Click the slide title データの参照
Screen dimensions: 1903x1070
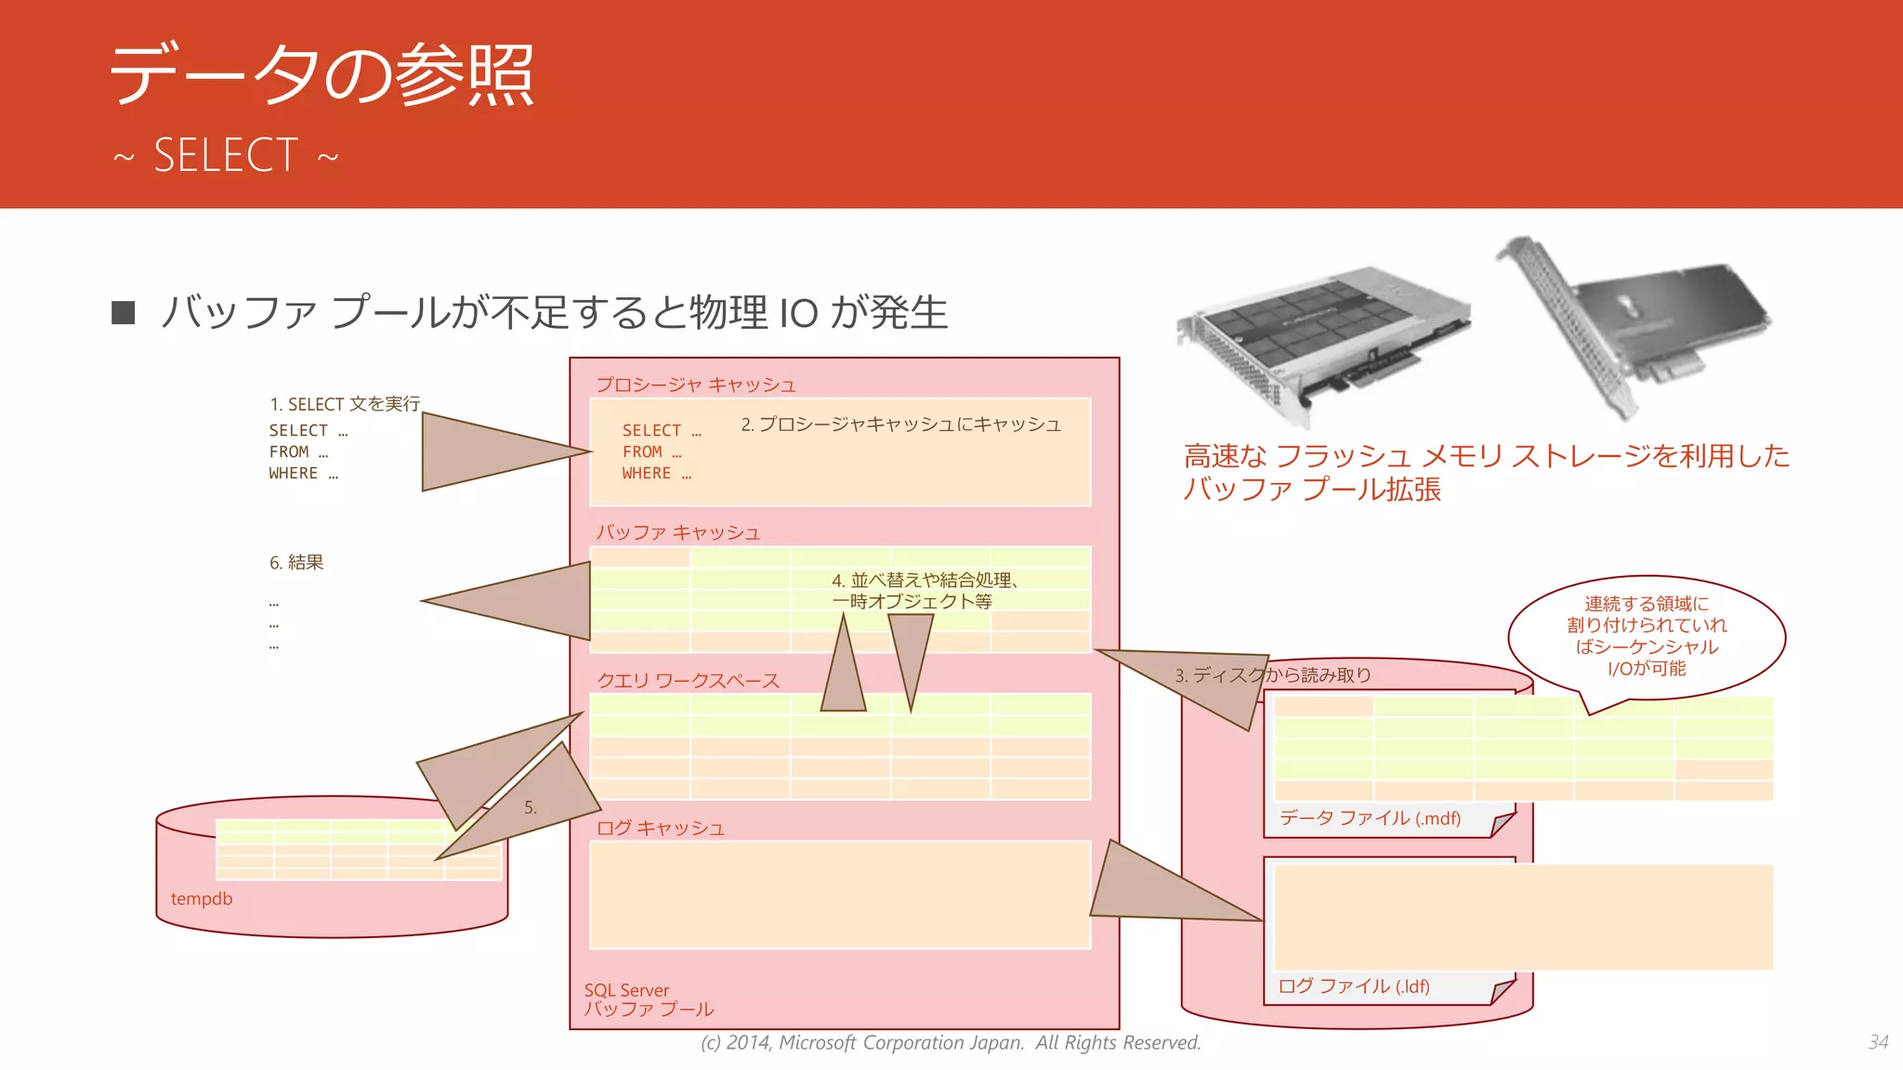point(322,74)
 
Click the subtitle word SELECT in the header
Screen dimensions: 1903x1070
point(226,155)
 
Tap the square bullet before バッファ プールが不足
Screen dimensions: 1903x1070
point(123,312)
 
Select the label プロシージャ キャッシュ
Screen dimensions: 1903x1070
point(695,385)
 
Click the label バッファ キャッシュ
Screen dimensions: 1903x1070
point(677,532)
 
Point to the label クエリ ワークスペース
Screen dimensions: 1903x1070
point(688,680)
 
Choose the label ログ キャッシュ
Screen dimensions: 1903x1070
point(660,828)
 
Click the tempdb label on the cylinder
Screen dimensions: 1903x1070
point(202,898)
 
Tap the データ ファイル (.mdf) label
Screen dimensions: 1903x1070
point(1370,818)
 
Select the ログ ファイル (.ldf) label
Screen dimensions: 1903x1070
point(1354,986)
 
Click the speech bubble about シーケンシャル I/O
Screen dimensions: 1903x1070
point(1646,636)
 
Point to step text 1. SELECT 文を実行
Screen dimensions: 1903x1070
point(345,404)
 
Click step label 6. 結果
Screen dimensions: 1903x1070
point(296,562)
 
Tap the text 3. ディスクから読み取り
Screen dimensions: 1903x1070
point(1273,675)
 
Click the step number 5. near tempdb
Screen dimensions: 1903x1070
point(531,807)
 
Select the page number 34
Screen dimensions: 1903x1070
point(1878,1042)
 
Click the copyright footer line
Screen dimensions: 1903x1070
point(951,1043)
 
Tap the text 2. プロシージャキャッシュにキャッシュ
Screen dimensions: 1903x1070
point(900,424)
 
